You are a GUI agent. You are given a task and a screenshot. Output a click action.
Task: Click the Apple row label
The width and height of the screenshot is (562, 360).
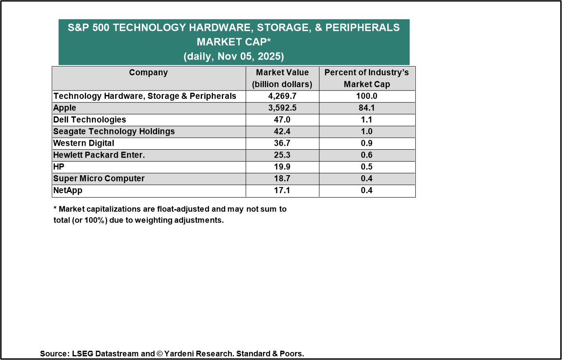[65, 108]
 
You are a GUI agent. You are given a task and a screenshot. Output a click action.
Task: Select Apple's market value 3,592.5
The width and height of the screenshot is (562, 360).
[282, 108]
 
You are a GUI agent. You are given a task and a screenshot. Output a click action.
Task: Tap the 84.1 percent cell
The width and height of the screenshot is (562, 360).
[367, 108]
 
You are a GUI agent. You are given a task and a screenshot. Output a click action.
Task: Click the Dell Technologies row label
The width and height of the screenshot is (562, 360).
[90, 120]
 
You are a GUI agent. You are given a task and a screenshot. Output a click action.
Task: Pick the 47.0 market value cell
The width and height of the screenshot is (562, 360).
[282, 120]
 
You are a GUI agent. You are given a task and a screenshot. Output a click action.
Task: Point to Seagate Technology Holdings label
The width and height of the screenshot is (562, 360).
[114, 132]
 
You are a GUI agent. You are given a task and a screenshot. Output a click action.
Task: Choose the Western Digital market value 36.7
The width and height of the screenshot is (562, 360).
[282, 144]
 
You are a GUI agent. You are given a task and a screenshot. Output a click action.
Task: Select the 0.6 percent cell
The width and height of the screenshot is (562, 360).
[367, 155]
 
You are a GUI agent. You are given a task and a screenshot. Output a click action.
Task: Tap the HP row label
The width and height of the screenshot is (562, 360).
[59, 167]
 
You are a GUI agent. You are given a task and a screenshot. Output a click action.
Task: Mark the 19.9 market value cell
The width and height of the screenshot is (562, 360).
[282, 167]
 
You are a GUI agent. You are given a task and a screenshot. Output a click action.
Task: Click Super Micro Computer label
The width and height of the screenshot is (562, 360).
[99, 179]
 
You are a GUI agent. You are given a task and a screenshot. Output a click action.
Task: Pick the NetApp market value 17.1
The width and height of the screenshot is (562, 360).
[282, 191]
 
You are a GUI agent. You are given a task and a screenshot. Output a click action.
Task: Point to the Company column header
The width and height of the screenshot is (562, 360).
[148, 73]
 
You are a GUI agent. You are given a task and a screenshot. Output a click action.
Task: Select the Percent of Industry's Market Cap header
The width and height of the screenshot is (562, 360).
[367, 78]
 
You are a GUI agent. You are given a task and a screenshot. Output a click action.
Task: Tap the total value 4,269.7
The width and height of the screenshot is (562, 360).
[282, 96]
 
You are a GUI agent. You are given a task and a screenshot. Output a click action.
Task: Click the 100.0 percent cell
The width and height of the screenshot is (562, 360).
[367, 96]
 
